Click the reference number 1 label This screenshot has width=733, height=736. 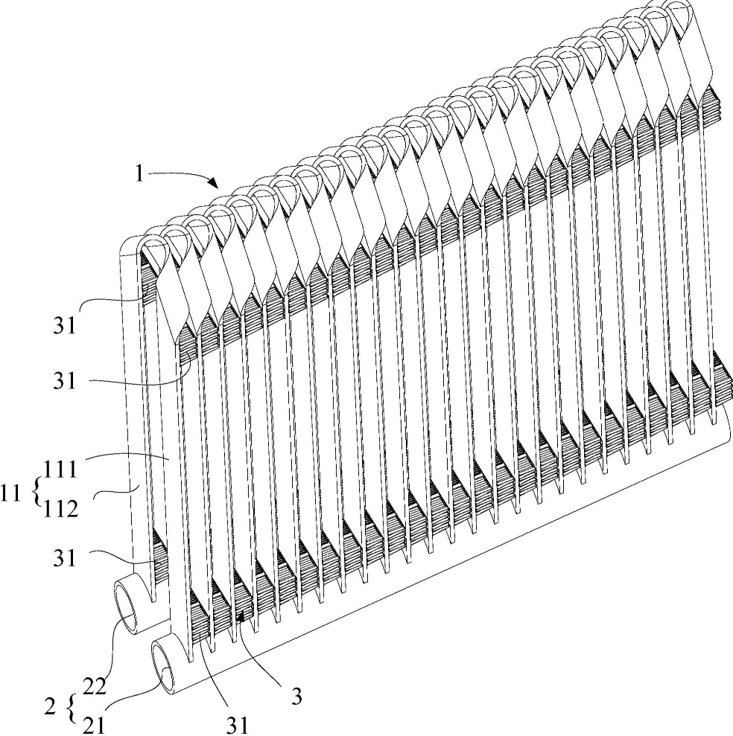click(138, 173)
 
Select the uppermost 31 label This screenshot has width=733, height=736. click(65, 325)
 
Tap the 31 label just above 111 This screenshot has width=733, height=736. click(65, 382)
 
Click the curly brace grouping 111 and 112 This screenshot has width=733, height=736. click(34, 490)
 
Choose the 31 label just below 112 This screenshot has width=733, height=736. click(65, 557)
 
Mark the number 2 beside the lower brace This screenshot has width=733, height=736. click(51, 703)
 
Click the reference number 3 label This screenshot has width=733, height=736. click(296, 698)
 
